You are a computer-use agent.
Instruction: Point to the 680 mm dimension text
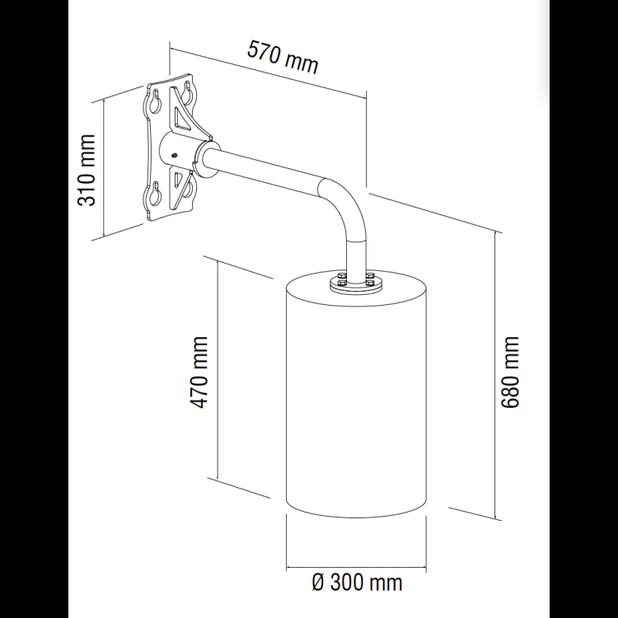512,374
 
